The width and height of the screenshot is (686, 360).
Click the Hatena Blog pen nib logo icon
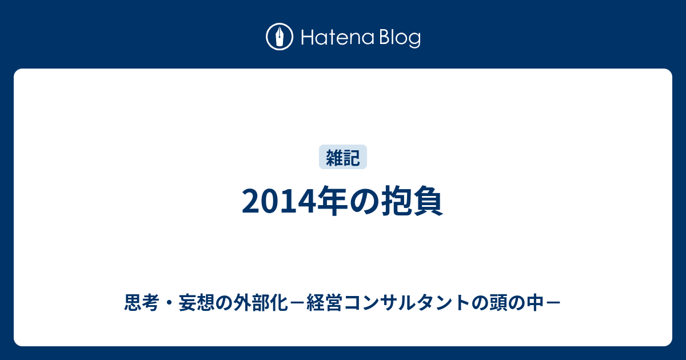280,37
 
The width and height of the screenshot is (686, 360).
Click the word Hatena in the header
338,38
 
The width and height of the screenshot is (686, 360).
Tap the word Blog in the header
400,38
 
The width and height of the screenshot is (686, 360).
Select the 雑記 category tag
342,157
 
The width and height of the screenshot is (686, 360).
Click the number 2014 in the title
279,201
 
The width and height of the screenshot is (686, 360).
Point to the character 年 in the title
332,201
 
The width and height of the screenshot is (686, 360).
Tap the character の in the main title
364,201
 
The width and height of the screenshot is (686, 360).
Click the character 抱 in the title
396,201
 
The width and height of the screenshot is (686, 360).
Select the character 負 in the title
428,201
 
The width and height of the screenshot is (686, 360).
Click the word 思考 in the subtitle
142,302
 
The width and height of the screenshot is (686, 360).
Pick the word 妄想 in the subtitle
197,302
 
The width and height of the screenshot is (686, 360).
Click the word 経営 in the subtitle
324,302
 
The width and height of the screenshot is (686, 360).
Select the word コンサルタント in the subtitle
406,302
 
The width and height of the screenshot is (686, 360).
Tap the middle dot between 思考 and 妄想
169,303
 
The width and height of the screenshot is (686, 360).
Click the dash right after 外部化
297,303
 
